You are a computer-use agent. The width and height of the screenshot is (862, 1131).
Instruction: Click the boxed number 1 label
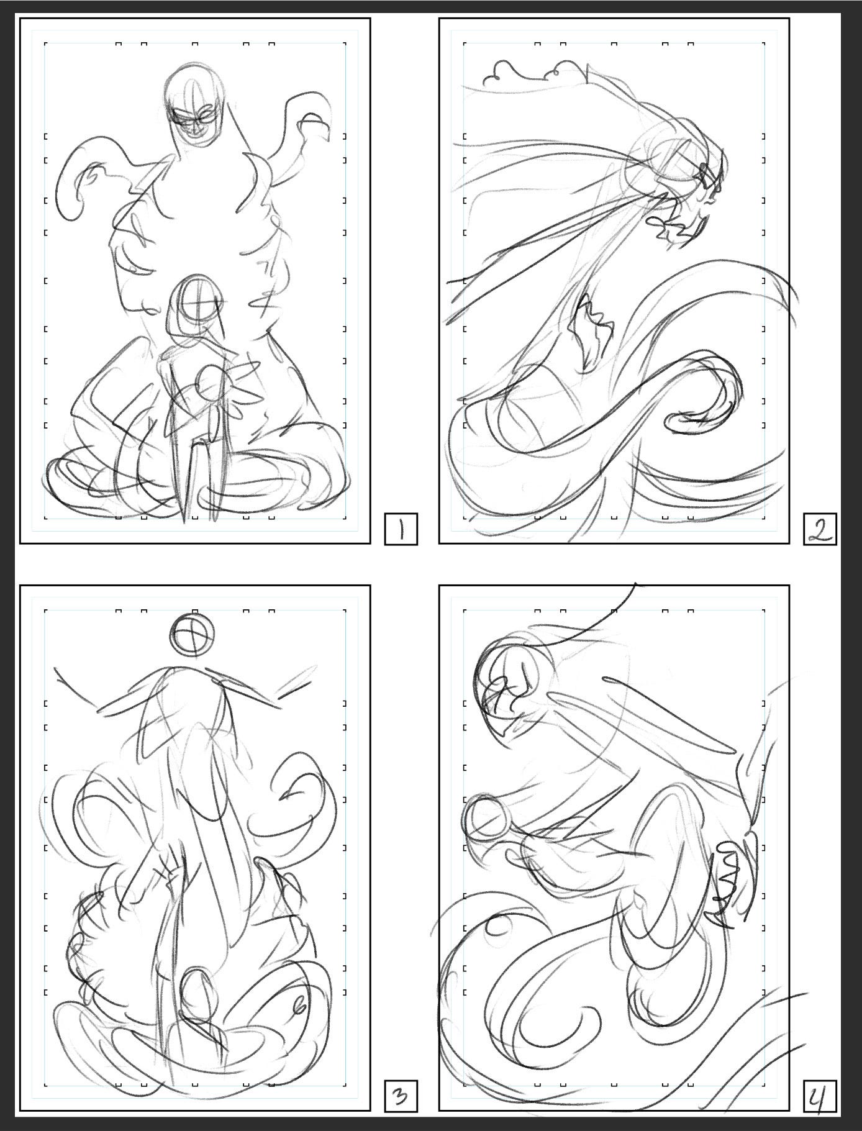click(x=401, y=529)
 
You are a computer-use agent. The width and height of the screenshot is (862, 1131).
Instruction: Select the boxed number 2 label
click(x=820, y=529)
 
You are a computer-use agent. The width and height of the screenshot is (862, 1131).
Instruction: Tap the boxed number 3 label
click(x=401, y=1096)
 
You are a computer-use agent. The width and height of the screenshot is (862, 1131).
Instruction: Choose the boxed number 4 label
click(x=820, y=1096)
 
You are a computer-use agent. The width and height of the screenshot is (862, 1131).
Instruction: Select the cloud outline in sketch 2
click(x=534, y=71)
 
